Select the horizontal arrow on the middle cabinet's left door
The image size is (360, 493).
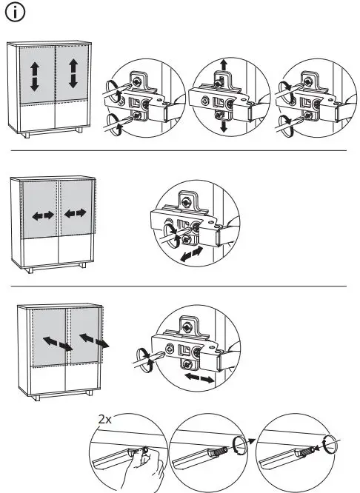point(42,215)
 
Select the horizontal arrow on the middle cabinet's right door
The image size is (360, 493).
point(76,214)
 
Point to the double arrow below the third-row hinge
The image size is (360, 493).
point(200,378)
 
